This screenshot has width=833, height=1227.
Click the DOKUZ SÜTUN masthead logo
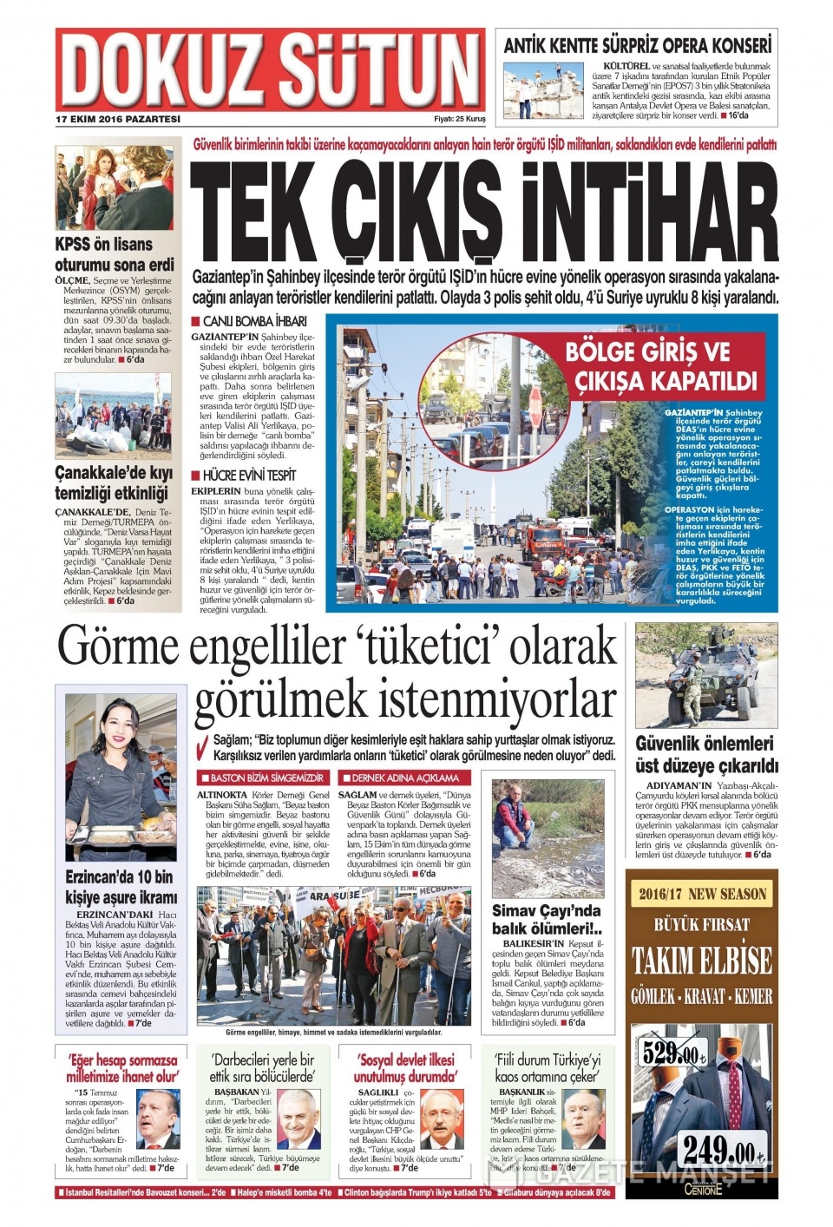pos(271,70)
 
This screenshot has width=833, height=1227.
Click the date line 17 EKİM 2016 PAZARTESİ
pos(118,119)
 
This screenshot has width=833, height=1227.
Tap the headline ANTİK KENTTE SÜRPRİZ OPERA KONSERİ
pos(637,46)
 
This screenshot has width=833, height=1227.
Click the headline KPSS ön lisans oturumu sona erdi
pos(114,254)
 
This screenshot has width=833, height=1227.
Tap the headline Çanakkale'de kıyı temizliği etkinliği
pos(114,482)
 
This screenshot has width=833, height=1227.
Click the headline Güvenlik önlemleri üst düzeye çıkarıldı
pos(706,755)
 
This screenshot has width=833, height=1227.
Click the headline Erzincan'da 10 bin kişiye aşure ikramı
pos(121,887)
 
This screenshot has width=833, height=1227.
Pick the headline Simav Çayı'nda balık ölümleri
pos(547,920)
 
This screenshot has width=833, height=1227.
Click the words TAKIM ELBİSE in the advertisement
pos(701,961)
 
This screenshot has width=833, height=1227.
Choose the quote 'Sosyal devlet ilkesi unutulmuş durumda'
pos(405,1068)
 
